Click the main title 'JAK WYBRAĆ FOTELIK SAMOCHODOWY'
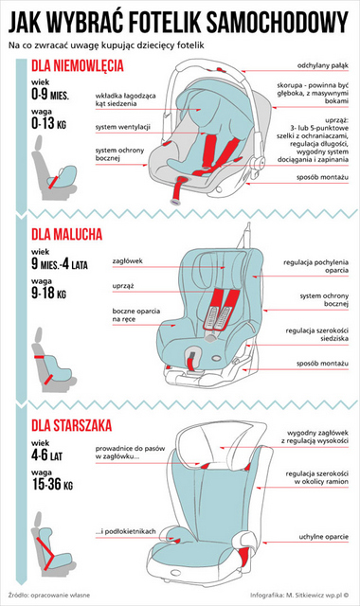[179, 20]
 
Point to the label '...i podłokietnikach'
[126, 531]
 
